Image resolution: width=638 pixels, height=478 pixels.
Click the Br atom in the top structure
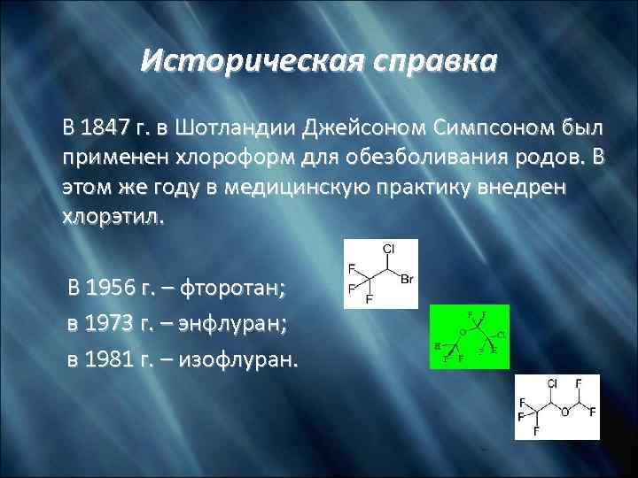407,281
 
